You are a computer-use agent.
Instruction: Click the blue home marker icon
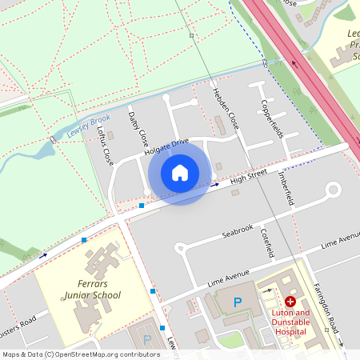click(180, 172)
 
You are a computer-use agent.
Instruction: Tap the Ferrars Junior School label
click(94, 290)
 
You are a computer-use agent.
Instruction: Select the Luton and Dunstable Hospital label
click(290, 322)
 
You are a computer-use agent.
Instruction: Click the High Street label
click(246, 175)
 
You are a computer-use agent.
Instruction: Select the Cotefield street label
click(268, 242)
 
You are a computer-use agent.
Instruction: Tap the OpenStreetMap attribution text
click(70, 354)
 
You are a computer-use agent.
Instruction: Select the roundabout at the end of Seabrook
click(333, 190)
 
